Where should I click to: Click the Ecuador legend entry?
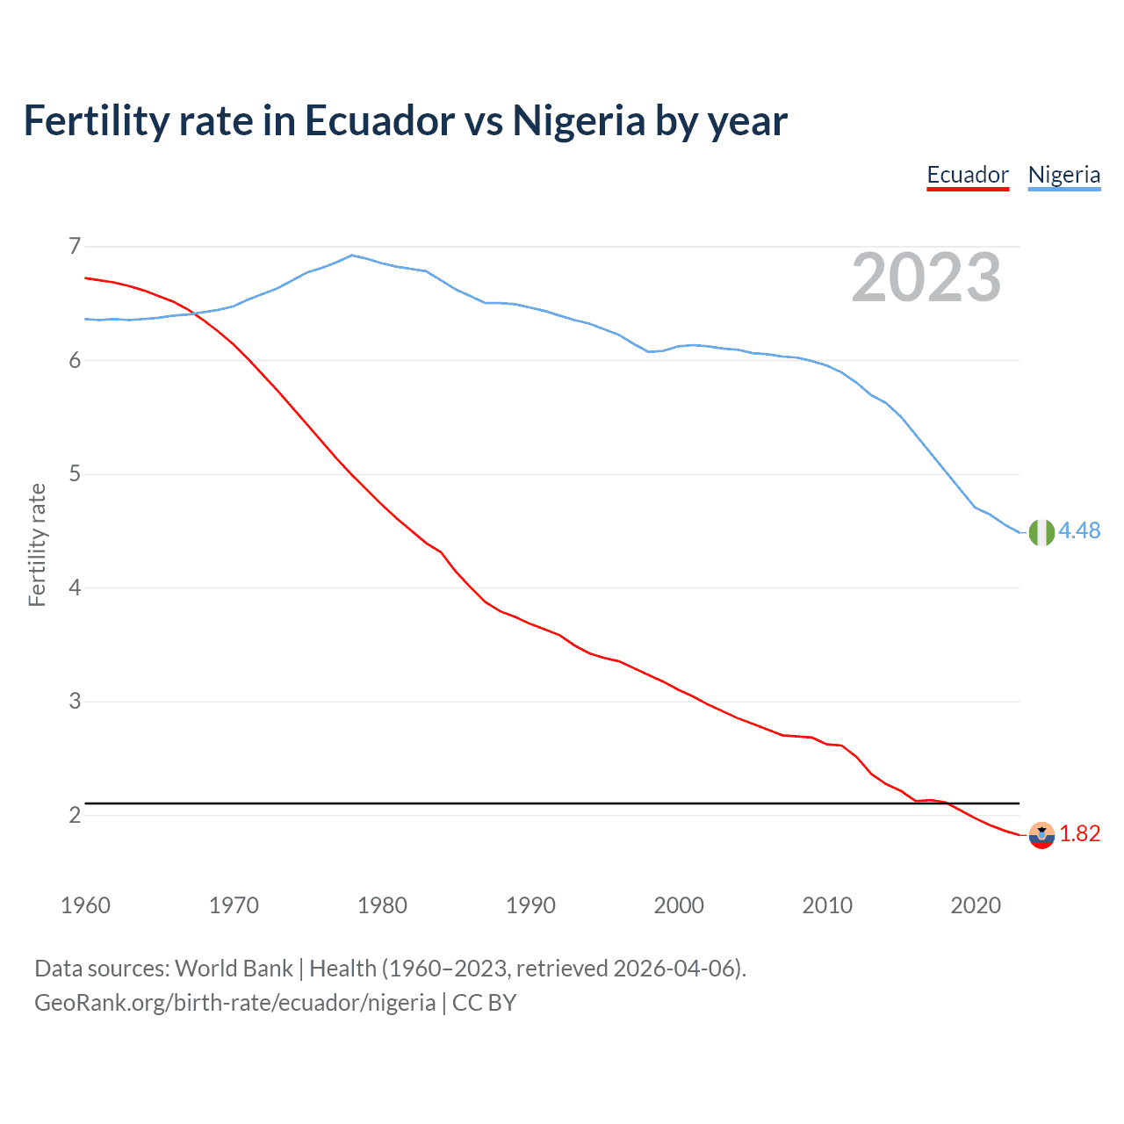[x=968, y=175]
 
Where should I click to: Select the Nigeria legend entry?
[x=1064, y=175]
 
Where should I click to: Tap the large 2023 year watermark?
[x=926, y=277]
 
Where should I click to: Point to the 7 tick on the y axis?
[x=74, y=246]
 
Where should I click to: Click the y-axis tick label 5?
[x=74, y=474]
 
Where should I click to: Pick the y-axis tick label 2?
[x=74, y=815]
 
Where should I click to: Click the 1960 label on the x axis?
[x=85, y=905]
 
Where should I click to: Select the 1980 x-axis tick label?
[x=382, y=905]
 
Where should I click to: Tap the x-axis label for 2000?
[x=679, y=905]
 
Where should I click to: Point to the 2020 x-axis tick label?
[x=976, y=905]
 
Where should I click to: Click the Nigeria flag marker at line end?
[x=1041, y=532]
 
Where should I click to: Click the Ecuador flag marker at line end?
[x=1041, y=835]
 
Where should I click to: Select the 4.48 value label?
[x=1079, y=530]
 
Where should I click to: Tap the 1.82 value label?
[x=1079, y=833]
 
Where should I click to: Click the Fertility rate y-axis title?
[x=37, y=544]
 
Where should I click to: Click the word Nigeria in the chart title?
[x=579, y=120]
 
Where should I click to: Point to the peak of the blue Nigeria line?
[x=352, y=256]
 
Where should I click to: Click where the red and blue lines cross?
[x=192, y=313]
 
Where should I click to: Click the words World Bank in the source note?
[x=234, y=969]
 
